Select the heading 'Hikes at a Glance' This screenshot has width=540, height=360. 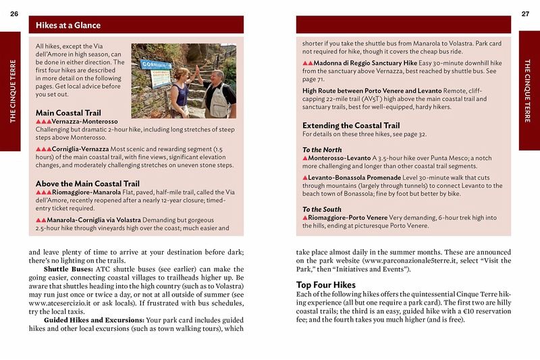tap(68, 26)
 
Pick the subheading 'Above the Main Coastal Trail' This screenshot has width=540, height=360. tap(87, 183)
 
